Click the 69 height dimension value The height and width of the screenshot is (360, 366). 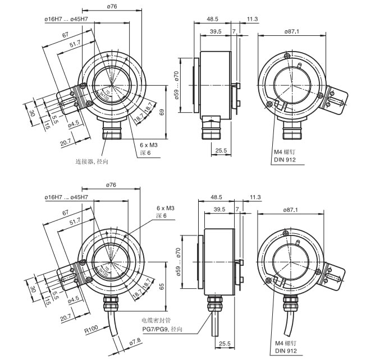tap(162, 113)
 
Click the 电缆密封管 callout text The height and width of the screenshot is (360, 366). tap(156, 320)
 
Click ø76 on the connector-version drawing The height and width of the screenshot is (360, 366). tap(111, 6)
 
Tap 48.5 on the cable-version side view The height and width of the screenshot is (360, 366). tap(216, 197)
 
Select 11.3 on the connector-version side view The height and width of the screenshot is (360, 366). tap(252, 20)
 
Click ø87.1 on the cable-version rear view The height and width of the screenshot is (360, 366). tap(291, 210)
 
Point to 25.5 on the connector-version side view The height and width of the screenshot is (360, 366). tap(221, 150)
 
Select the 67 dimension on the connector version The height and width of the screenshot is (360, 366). tap(66, 35)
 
